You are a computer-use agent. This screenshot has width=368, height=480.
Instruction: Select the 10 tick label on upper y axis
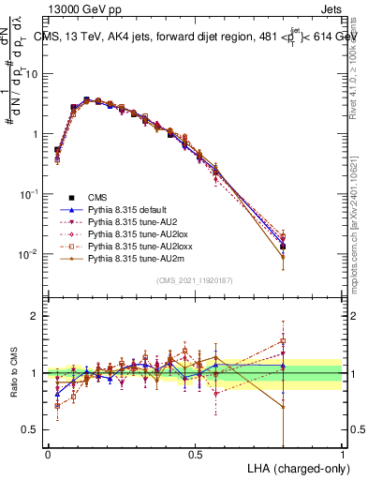pos(32,73)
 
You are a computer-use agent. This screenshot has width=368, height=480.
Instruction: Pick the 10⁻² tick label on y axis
pos(28,254)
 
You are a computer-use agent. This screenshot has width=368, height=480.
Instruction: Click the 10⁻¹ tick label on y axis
pos(28,193)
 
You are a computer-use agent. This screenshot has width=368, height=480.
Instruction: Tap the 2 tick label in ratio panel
pos(37,316)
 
